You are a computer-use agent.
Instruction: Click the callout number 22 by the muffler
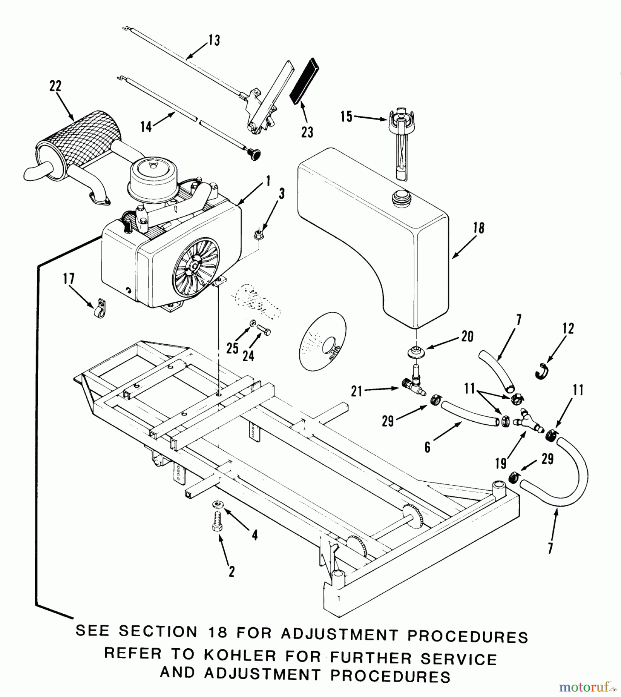(x=55, y=86)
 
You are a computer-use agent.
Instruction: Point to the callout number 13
(x=214, y=40)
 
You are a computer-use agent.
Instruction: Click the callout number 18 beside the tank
(x=479, y=228)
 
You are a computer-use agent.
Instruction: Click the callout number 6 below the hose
(x=427, y=448)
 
